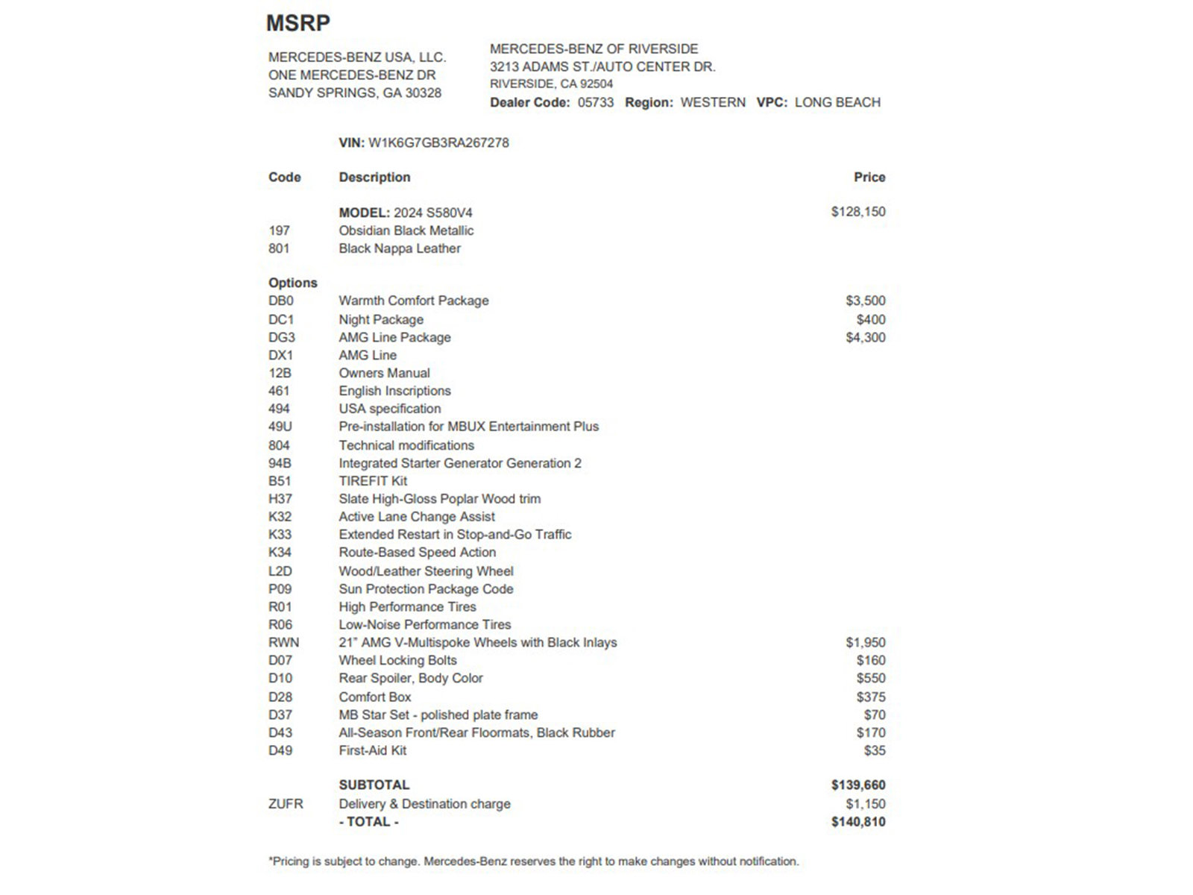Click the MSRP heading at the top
298,23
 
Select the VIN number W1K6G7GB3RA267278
438,142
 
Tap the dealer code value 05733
596,102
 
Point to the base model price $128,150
858,212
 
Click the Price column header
869,178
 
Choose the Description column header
374,178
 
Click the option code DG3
281,337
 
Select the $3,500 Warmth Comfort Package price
866,301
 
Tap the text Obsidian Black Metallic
406,230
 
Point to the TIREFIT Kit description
373,481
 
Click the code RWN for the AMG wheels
283,642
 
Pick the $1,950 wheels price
866,642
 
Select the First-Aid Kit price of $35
875,750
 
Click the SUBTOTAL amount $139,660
858,785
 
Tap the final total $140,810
858,822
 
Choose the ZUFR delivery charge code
286,804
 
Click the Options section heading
292,283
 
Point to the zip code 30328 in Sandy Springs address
423,93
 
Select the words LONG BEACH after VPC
837,102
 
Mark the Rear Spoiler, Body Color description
411,678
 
